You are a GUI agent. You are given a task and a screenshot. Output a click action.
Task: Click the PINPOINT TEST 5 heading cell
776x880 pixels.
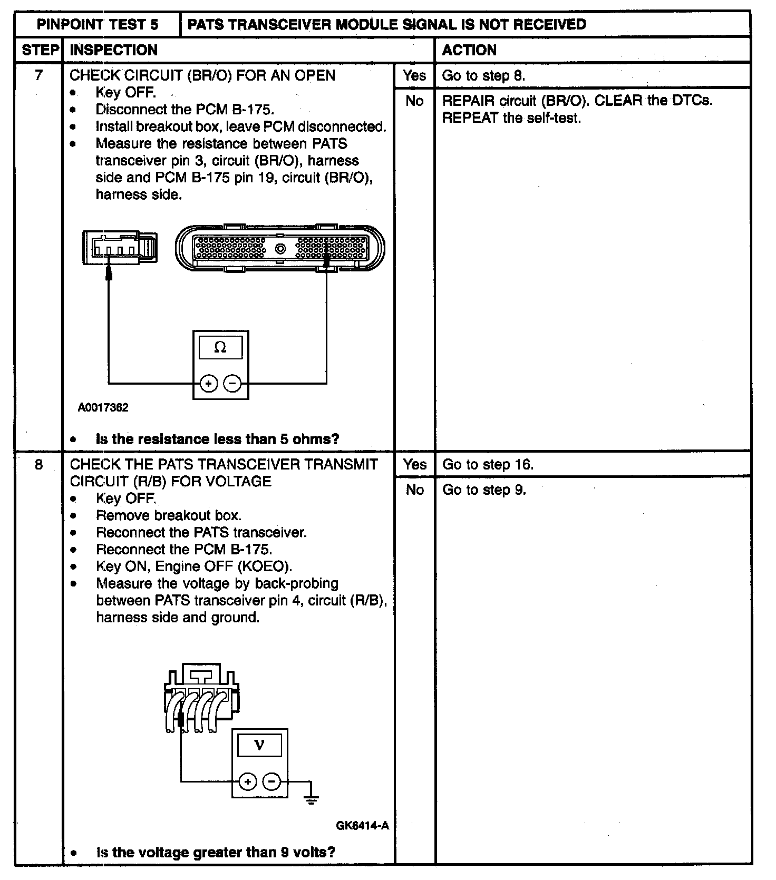coord(98,24)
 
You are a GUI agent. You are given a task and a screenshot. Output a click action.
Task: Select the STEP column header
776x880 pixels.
coord(40,50)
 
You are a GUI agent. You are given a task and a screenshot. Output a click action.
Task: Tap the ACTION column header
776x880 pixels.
coord(469,50)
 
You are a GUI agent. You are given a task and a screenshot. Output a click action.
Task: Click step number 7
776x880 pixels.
coord(38,75)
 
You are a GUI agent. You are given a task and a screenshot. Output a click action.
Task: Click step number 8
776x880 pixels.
coord(38,464)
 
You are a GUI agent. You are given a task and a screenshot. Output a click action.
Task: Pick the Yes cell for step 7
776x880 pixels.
coord(414,75)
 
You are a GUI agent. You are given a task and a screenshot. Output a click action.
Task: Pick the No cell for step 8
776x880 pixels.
coord(414,490)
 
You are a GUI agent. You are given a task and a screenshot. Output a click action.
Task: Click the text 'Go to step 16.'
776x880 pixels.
coord(488,464)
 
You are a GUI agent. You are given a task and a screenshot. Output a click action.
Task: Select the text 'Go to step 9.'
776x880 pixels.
coord(484,490)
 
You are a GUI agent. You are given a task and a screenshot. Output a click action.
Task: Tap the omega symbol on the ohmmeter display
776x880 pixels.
coord(220,347)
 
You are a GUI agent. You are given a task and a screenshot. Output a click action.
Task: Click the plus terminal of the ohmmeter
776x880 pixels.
coord(209,383)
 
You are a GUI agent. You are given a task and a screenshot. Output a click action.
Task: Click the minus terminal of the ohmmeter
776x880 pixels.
coord(232,383)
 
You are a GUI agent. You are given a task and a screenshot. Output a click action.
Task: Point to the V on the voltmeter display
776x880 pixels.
coord(259,745)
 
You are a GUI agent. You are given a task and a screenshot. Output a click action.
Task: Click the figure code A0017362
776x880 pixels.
coord(103,407)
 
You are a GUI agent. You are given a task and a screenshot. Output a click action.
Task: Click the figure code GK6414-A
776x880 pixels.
coord(362,825)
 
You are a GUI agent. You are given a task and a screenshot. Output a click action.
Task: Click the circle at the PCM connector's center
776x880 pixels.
coord(280,248)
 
